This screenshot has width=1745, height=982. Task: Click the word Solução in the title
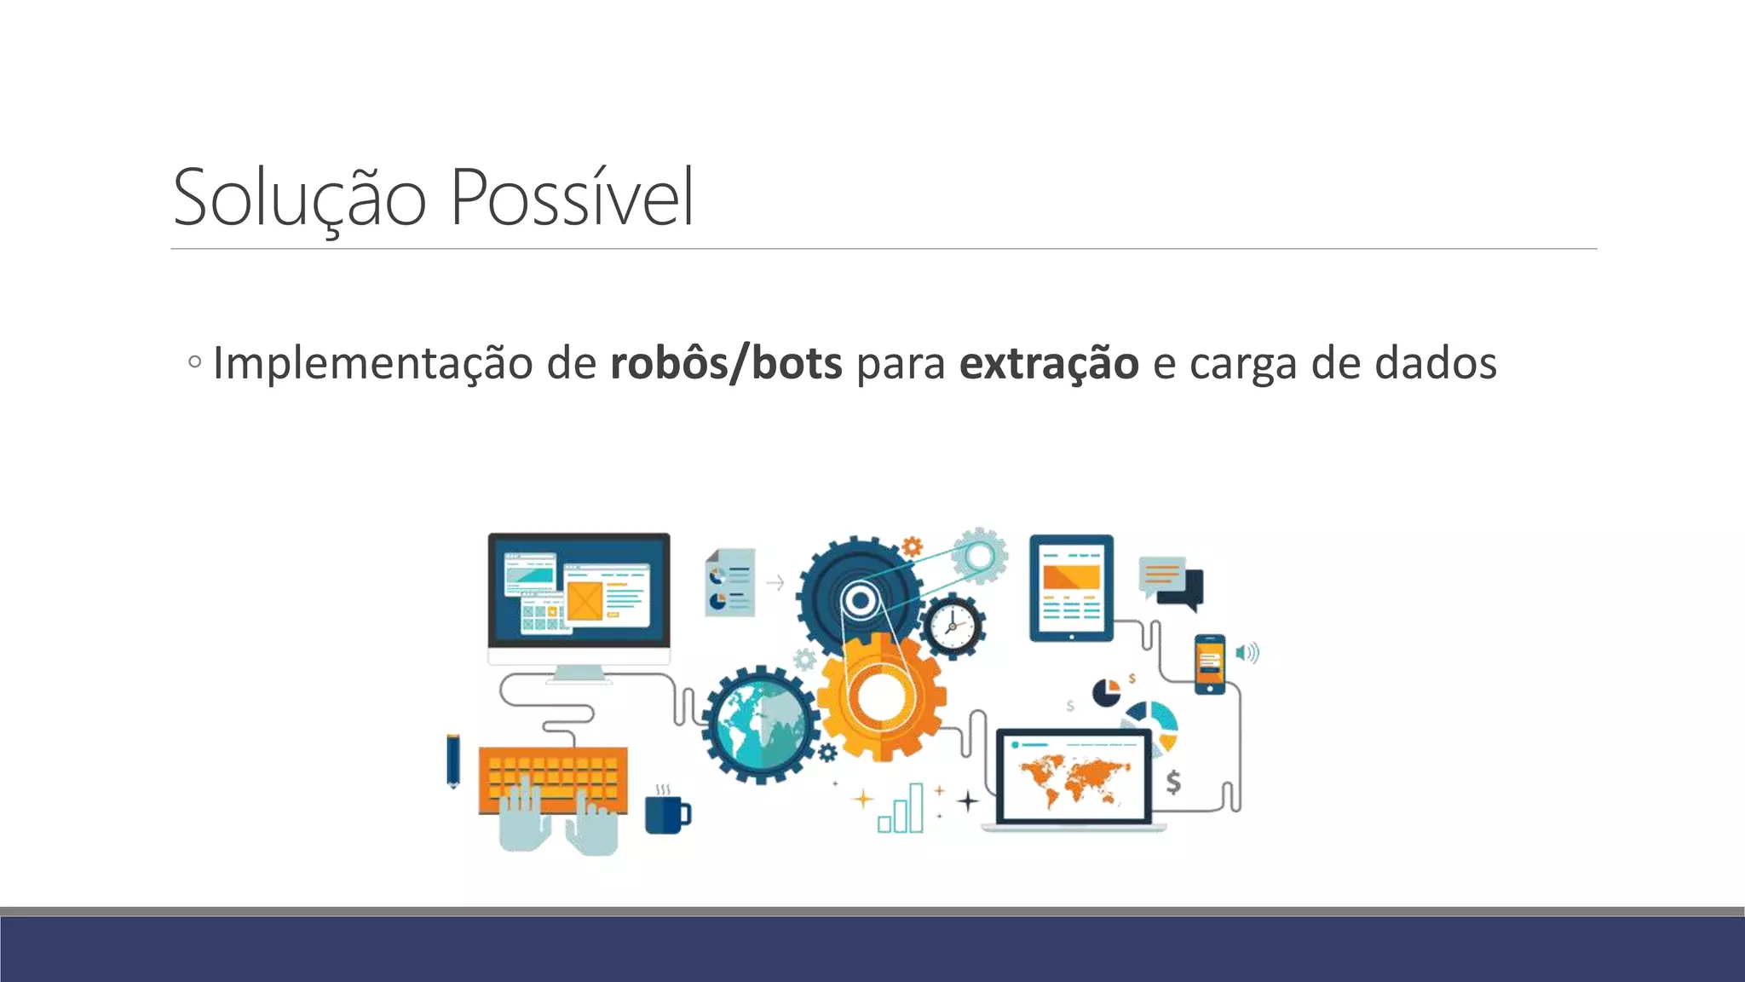299,198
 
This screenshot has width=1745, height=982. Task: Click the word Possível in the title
572,198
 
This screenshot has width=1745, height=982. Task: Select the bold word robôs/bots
726,363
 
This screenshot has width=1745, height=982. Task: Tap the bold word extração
1049,363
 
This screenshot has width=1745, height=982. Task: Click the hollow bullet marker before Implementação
195,361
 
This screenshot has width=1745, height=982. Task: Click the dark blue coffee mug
666,814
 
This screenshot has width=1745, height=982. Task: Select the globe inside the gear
760,725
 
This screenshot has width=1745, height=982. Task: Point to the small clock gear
953,627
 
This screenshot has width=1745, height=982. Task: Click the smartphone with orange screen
1210,664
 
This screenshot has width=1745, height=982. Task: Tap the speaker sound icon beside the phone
1247,653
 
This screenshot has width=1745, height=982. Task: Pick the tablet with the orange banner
1071,587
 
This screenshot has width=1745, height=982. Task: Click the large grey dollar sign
1173,782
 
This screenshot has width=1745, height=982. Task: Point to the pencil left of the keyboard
452,760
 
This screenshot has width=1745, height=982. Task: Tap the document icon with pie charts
730,582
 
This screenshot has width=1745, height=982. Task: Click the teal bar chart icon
901,809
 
